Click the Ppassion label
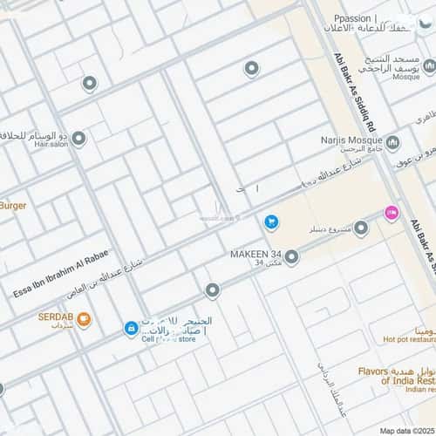(358, 18)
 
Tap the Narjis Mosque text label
(351, 139)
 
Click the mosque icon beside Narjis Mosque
(392, 142)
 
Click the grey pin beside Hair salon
(78, 139)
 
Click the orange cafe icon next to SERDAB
(84, 320)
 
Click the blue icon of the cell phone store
(131, 329)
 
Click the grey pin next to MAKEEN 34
(292, 257)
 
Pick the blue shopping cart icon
(271, 223)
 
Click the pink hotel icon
(392, 212)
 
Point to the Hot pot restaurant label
(409, 340)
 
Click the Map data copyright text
(406, 431)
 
